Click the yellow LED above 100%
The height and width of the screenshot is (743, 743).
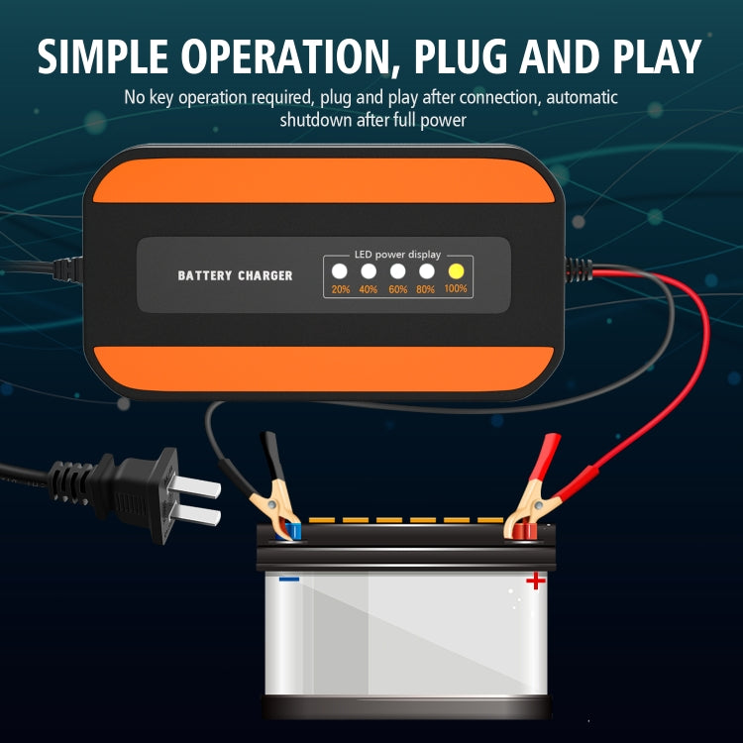(456, 270)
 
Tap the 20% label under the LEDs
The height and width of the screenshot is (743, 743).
(341, 289)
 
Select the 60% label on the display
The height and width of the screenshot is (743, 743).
(398, 289)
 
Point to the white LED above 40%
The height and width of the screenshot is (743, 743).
(369, 270)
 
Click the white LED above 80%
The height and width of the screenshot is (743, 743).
(427, 270)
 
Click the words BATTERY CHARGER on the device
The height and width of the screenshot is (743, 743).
(235, 275)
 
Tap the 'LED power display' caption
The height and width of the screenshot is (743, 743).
(397, 255)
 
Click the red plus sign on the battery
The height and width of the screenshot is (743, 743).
(536, 580)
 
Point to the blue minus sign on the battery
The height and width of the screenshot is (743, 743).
(289, 579)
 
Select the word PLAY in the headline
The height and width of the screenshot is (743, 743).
(653, 56)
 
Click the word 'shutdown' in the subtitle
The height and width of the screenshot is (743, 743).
(314, 120)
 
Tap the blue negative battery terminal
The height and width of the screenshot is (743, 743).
(295, 532)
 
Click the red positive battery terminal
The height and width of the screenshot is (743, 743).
(522, 532)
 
